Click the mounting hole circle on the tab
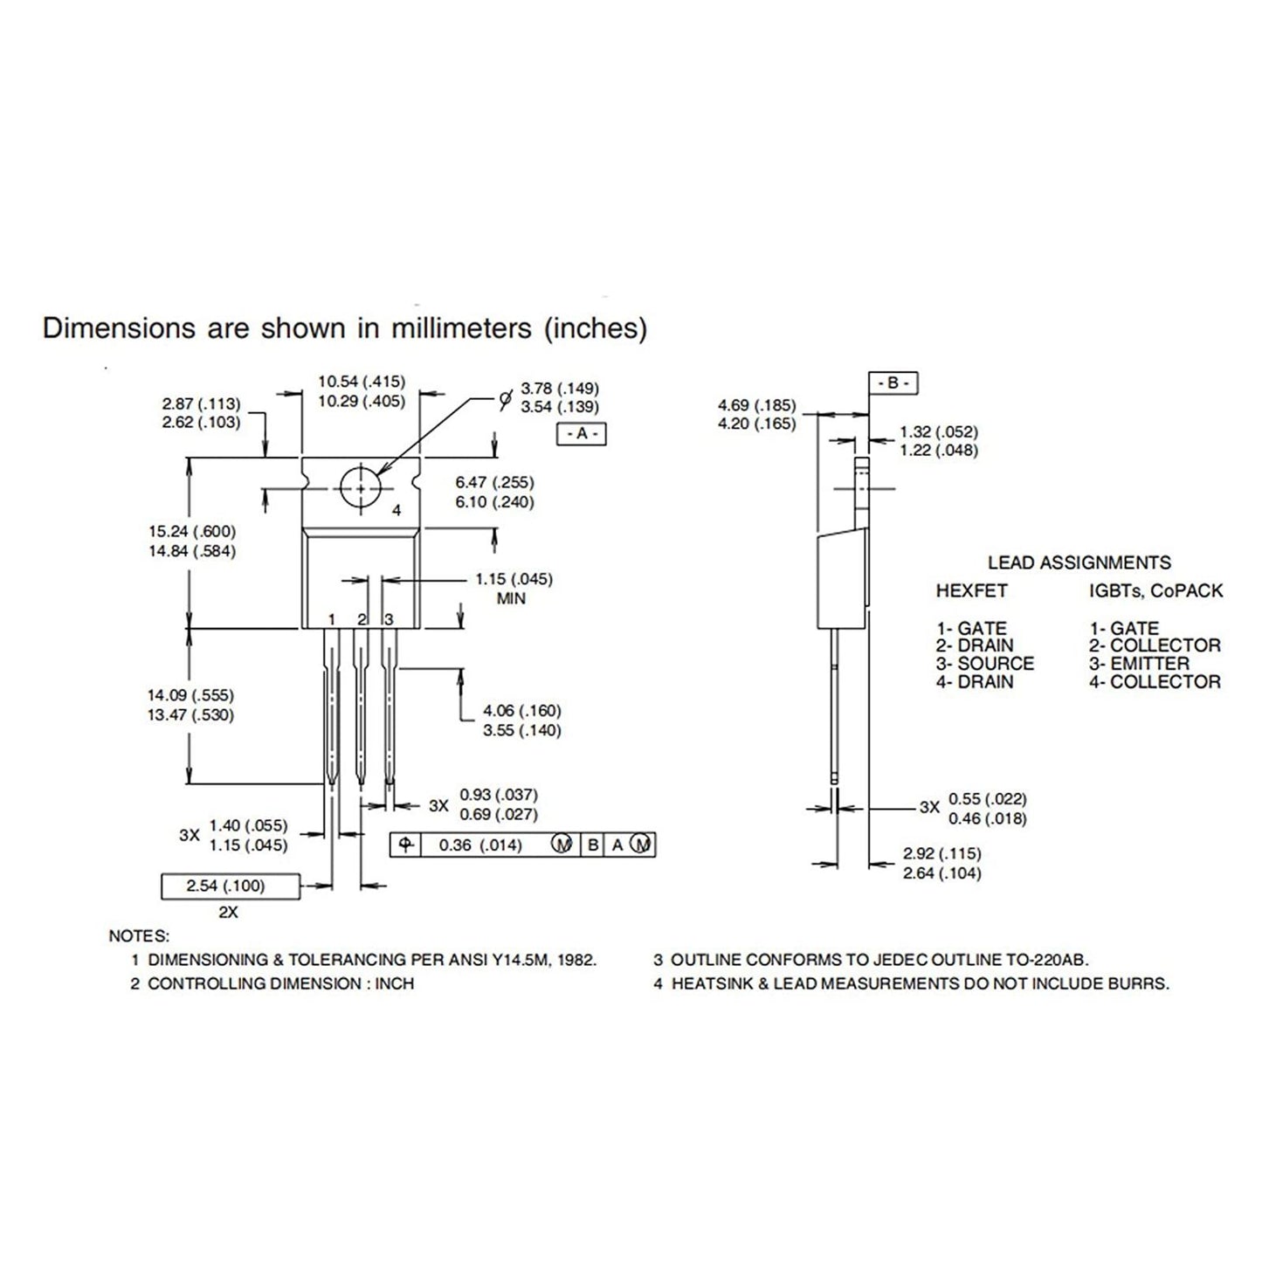360,487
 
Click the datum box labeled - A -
582,434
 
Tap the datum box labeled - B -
893,383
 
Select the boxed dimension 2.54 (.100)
225,886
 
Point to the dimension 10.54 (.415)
362,382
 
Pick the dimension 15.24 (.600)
192,531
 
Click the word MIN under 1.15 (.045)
511,599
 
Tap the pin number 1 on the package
332,619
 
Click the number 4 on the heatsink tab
397,510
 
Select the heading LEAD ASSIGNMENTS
1079,562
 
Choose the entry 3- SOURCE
985,664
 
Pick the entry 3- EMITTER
1139,664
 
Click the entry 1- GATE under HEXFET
971,628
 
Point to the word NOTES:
139,936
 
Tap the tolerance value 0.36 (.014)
480,845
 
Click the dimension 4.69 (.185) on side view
757,404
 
